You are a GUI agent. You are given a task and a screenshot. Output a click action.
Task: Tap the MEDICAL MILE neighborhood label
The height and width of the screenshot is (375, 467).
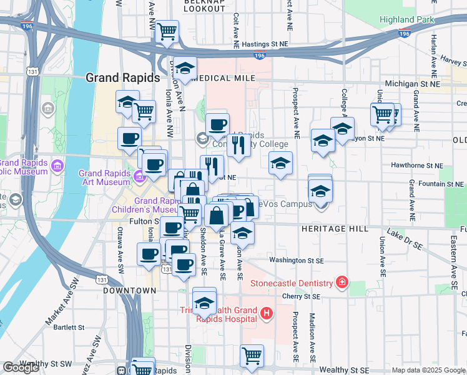click(x=225, y=78)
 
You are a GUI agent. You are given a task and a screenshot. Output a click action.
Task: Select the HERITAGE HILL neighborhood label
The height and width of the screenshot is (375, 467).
click(x=335, y=229)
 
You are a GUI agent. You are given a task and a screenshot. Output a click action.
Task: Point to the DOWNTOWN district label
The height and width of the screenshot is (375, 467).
click(x=129, y=291)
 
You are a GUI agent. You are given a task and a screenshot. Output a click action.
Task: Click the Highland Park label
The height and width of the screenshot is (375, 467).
click(x=406, y=20)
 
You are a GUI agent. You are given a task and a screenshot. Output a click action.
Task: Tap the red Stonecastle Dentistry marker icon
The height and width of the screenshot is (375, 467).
click(x=342, y=283)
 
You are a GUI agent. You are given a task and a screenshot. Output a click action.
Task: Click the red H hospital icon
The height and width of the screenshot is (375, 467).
click(x=267, y=312)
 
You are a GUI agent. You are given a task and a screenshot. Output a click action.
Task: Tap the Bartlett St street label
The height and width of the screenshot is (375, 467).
click(x=68, y=327)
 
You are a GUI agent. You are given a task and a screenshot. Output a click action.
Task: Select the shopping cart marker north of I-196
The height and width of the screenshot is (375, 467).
click(x=167, y=31)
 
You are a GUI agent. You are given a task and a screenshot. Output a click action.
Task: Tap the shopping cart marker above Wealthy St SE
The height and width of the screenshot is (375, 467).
click(x=252, y=356)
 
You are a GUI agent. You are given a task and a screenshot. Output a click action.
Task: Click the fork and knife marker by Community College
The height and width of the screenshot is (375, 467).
click(x=238, y=146)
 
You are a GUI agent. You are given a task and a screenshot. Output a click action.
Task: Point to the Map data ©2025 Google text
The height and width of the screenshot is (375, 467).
click(x=428, y=370)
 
